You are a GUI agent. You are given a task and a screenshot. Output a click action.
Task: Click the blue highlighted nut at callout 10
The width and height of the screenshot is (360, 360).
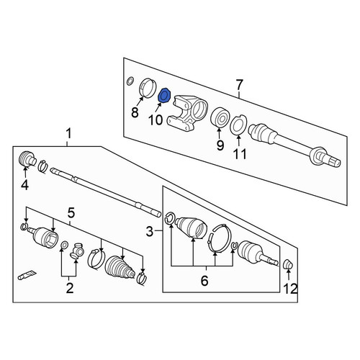click(165, 96)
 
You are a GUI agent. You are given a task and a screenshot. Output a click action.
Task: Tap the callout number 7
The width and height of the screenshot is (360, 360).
click(239, 85)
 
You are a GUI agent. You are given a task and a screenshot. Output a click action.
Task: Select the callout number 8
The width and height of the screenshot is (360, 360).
click(135, 112)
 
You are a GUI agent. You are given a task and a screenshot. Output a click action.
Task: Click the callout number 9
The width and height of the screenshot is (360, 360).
click(220, 145)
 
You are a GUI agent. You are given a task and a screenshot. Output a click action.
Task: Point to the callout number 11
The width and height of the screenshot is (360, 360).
click(240, 154)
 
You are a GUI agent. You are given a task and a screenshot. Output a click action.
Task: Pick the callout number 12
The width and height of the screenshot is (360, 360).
click(291, 289)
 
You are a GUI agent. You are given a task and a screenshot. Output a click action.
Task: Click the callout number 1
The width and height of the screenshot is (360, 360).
click(68, 133)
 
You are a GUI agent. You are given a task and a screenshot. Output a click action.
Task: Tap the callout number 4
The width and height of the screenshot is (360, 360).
click(25, 185)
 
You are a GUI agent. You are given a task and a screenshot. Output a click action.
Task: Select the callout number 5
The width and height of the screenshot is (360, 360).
click(71, 212)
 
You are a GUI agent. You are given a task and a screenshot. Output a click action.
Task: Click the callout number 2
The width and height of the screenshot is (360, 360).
click(70, 288)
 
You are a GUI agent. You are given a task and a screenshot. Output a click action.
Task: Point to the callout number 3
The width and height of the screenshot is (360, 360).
click(149, 232)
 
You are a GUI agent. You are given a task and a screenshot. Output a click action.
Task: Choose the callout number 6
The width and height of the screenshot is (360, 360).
click(204, 281)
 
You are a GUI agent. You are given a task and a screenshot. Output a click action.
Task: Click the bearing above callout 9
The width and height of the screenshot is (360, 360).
click(220, 117)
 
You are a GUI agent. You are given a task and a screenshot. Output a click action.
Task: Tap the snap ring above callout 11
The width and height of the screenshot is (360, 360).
click(238, 125)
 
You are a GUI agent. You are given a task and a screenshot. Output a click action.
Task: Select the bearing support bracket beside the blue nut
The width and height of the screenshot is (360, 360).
click(188, 112)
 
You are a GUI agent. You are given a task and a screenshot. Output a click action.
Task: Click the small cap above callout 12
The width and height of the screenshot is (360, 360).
click(288, 264)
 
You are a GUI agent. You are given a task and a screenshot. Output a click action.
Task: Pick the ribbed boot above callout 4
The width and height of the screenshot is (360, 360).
click(27, 158)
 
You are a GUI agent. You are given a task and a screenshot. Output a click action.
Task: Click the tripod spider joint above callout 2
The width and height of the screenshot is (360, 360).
click(77, 251)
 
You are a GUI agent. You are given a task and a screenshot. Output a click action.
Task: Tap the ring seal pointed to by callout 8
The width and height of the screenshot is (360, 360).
click(148, 88)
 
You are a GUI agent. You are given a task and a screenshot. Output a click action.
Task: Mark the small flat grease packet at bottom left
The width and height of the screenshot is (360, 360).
click(27, 275)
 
